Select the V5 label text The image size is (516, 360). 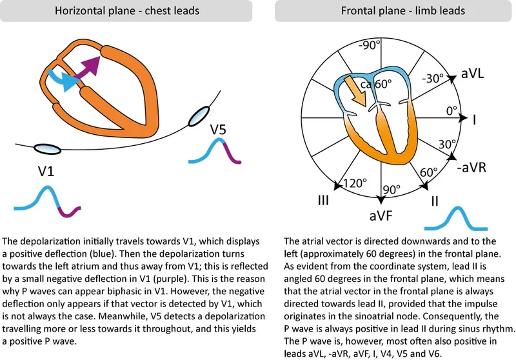[218, 130]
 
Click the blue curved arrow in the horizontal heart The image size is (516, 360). [63, 78]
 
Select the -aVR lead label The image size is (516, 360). [475, 169]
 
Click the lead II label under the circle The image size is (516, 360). [435, 201]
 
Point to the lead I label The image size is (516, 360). [474, 119]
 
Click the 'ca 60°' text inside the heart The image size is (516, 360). [375, 84]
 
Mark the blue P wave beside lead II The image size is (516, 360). [459, 219]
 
